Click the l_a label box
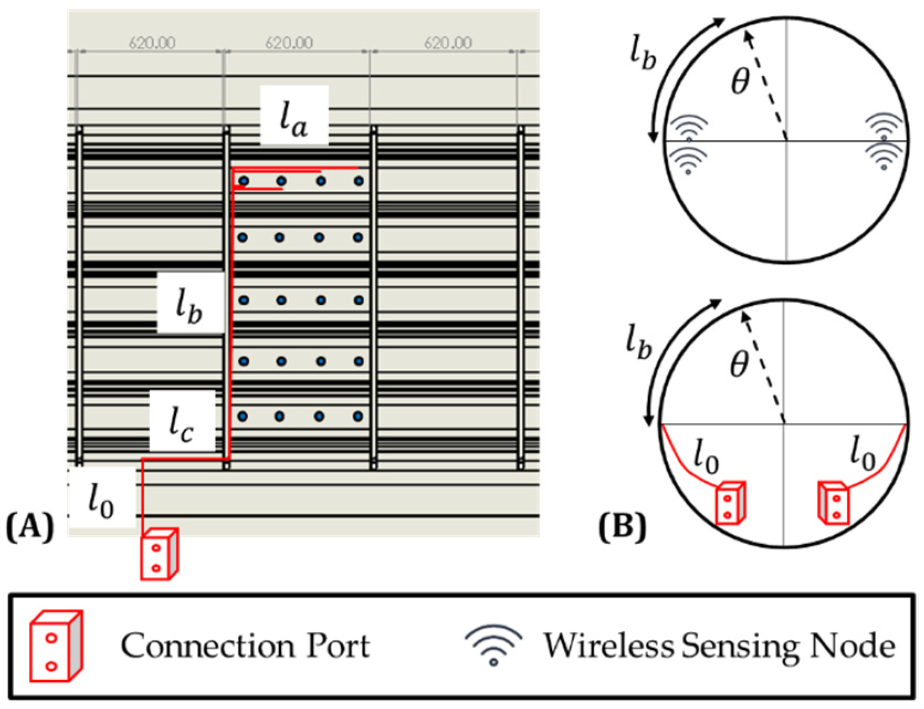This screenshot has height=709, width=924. (x=293, y=117)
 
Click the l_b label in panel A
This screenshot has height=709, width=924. (x=190, y=303)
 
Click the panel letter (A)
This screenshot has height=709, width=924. (x=30, y=526)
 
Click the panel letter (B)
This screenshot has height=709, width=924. (x=622, y=526)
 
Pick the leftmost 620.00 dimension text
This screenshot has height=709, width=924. (x=152, y=43)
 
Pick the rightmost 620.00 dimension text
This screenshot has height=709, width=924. (x=448, y=43)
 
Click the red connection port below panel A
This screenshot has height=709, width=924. (x=159, y=554)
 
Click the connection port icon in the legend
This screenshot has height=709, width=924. (x=56, y=646)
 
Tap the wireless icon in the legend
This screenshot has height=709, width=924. (x=494, y=644)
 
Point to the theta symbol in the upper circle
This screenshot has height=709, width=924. (x=740, y=82)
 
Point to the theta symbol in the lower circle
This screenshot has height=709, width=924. (x=739, y=365)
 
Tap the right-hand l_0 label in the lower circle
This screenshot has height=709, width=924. (x=863, y=453)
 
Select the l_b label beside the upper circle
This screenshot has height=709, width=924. (x=643, y=55)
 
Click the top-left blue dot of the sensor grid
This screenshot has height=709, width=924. (x=244, y=181)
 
